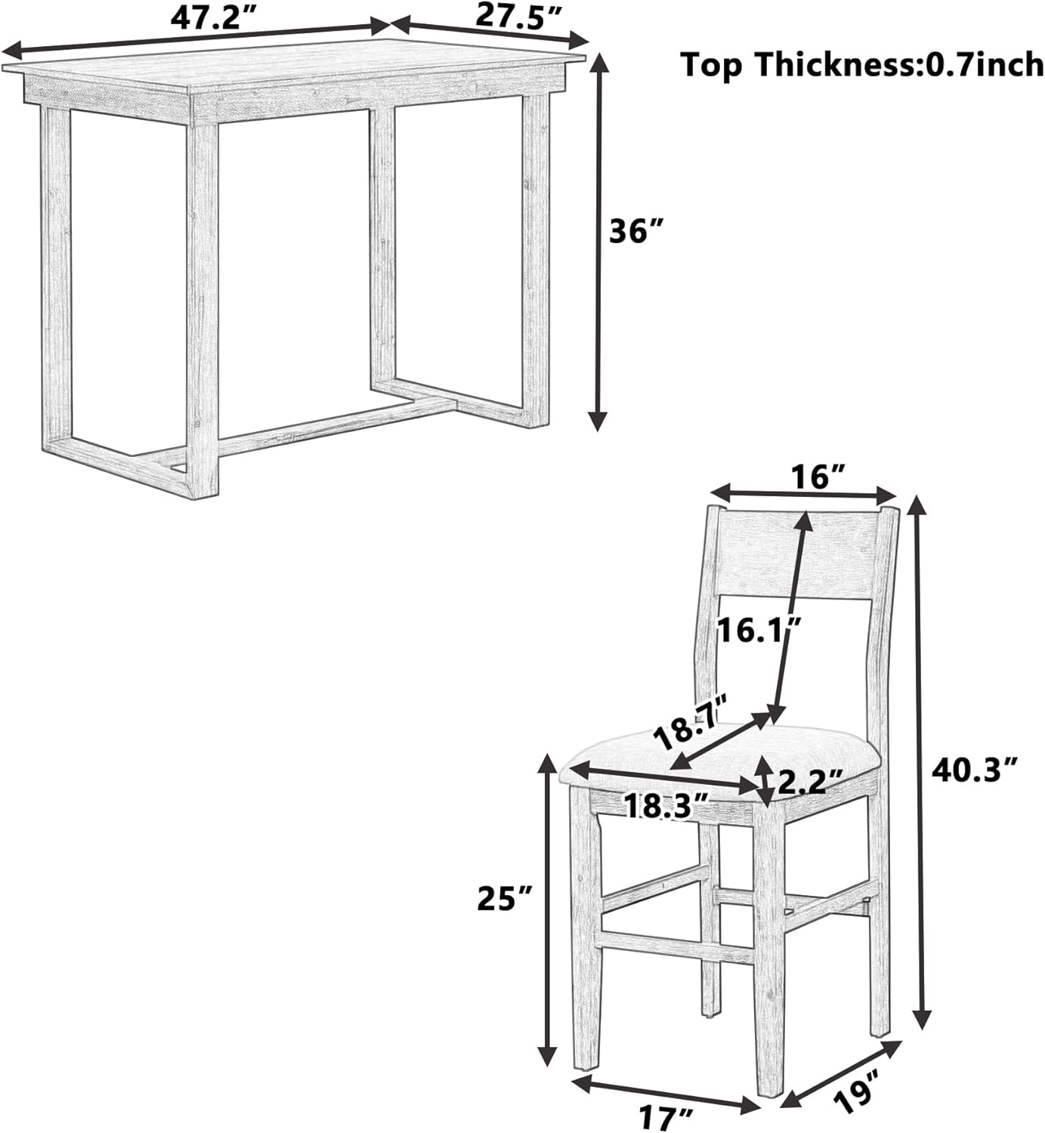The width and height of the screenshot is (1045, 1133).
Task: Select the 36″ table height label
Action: click(x=635, y=232)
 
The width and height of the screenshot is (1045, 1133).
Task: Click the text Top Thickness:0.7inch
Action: click(x=862, y=65)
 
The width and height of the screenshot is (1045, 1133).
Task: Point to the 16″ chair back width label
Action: click(x=817, y=477)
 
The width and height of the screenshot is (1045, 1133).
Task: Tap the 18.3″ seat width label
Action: click(x=666, y=805)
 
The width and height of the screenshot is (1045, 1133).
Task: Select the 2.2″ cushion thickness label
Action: click(x=810, y=781)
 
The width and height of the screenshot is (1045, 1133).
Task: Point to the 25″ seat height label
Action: click(x=505, y=899)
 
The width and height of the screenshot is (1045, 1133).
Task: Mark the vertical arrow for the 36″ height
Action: click(x=597, y=242)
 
